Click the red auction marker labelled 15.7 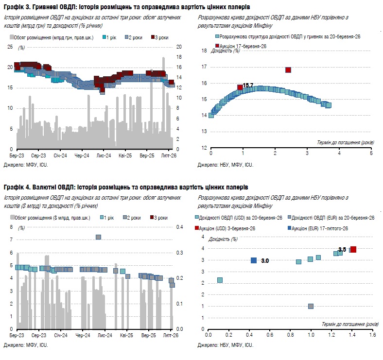240,87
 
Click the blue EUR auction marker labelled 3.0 254,260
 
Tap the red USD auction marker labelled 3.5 354,249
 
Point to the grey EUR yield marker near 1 311,306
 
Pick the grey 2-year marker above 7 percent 98,237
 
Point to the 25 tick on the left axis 10,47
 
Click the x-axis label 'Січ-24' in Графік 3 60,157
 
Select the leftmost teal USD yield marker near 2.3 220,280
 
